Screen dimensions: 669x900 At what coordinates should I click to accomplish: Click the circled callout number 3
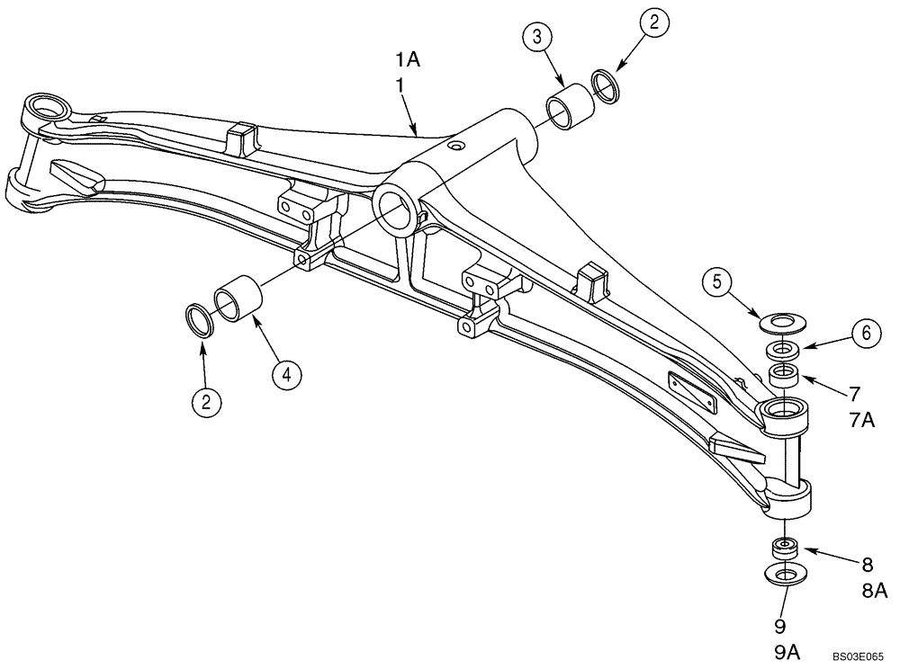[537, 39]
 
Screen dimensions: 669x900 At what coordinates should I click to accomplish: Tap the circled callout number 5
[717, 282]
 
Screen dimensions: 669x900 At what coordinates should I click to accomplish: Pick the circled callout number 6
[865, 334]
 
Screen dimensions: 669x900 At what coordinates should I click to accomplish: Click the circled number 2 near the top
[654, 25]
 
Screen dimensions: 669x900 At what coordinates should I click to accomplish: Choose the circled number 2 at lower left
[206, 402]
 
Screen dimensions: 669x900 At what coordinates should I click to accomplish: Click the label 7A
[862, 420]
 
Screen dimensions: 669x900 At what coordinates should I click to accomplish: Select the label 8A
[875, 591]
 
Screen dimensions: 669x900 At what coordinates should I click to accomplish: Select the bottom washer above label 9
[785, 575]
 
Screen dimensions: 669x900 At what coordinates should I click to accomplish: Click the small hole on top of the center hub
[456, 145]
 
